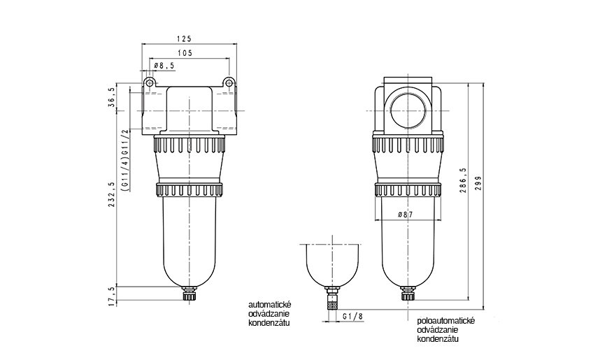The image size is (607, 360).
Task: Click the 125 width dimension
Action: [x=185, y=39]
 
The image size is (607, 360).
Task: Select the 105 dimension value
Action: [x=185, y=53]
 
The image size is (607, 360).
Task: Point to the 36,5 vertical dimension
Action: [x=111, y=96]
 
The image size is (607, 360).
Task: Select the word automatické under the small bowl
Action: [x=269, y=305]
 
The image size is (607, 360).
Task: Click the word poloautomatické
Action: [x=445, y=319]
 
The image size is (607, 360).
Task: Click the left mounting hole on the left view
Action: [x=149, y=83]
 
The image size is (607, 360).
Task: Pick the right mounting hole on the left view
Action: [x=228, y=83]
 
